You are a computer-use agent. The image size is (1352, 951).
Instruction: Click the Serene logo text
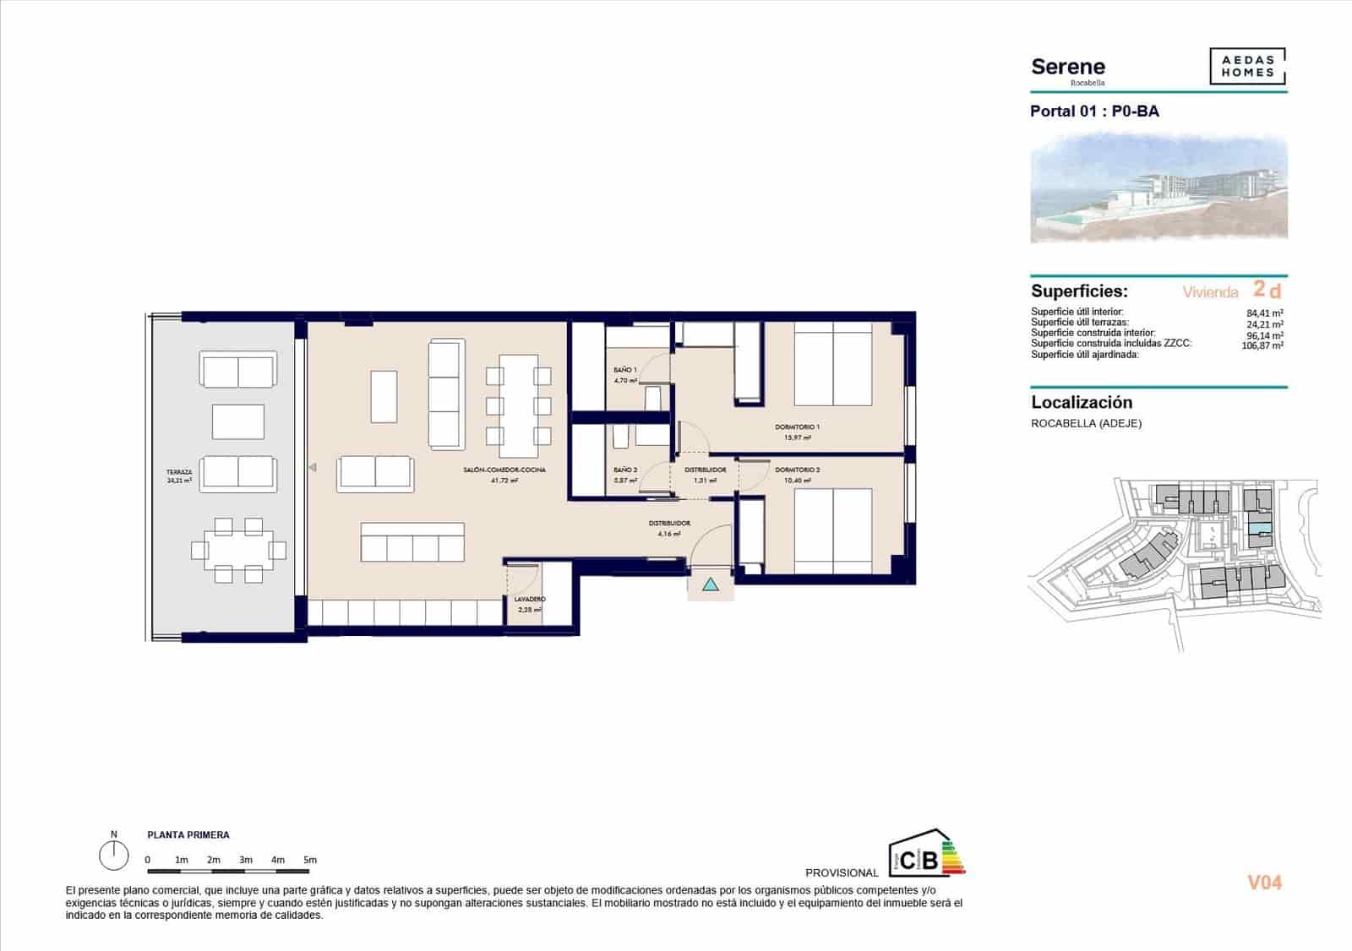[1068, 67]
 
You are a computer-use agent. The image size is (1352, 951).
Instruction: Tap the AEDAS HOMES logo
[1247, 67]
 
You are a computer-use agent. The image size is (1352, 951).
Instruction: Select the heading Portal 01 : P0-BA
[1094, 111]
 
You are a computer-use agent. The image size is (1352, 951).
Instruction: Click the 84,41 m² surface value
[1265, 312]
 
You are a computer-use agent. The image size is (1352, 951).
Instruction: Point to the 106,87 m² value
[1262, 345]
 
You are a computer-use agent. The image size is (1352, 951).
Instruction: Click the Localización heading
[1082, 403]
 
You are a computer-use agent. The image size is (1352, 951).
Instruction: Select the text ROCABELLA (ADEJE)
[1086, 423]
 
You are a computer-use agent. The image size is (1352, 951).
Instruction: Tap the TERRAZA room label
[179, 472]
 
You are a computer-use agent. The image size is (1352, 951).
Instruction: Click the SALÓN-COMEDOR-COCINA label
[504, 470]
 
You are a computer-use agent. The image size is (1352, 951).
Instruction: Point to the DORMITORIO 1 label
[798, 427]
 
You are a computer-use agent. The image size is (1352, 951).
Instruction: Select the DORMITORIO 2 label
[798, 470]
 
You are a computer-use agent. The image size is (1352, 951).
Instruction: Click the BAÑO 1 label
[625, 370]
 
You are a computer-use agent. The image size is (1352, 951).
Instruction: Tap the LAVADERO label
[530, 599]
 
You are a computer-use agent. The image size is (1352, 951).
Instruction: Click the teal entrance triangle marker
[711, 584]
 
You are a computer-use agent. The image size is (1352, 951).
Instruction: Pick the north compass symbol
[113, 856]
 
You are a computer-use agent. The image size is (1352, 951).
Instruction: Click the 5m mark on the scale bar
[310, 860]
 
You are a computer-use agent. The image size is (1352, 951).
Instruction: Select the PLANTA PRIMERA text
[188, 834]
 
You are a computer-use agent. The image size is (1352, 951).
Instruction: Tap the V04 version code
[1264, 883]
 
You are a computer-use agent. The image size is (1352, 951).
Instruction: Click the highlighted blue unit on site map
[1259, 528]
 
